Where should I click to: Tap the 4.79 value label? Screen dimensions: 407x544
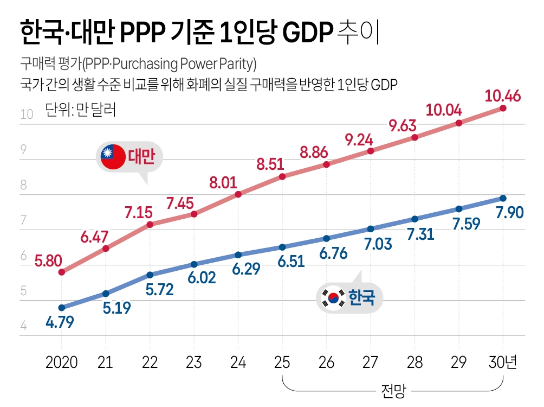coord(60,322)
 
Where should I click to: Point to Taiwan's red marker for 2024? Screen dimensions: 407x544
coord(238,194)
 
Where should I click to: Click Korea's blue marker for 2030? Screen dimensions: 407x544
coord(503,198)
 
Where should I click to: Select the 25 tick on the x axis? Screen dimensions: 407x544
coord(282,362)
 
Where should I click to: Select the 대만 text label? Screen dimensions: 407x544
coord(141,157)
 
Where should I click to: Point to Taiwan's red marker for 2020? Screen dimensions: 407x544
coord(61,272)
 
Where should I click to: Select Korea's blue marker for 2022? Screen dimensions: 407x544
coord(150,275)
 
